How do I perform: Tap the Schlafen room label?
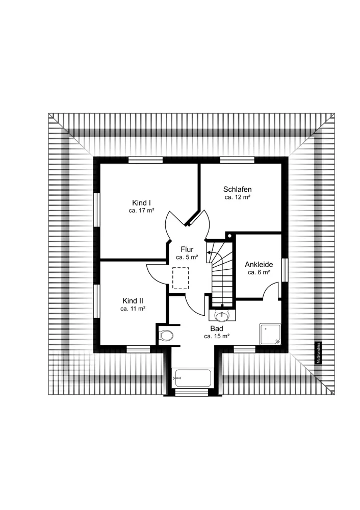coord(238,189)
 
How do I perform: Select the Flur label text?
coord(187,249)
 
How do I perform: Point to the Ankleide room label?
coord(259,264)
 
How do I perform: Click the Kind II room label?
coord(133,301)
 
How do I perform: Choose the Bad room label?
coord(217,328)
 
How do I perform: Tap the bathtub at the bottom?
coord(191,378)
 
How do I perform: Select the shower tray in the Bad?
coord(270,334)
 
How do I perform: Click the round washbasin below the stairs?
coord(222,315)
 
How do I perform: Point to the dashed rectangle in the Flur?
coord(181,278)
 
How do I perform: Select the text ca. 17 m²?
coord(141,211)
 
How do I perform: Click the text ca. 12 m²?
coord(238,197)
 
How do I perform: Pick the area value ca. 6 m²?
coord(259,272)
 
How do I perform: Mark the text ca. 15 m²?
coord(217,336)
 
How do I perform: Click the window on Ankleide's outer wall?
coord(285,270)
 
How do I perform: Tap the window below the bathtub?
coord(192,393)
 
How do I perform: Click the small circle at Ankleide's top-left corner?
coord(229,235)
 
